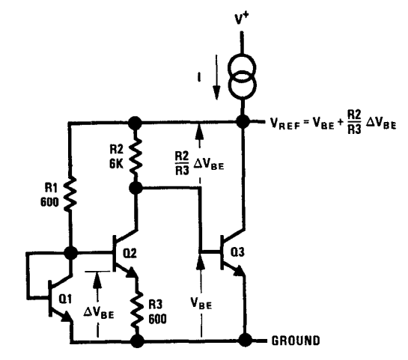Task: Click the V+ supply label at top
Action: [x=242, y=19]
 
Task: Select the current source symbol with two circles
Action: [x=243, y=77]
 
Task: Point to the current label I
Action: [x=199, y=77]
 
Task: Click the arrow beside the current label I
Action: [x=216, y=77]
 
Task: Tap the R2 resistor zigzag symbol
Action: [x=136, y=156]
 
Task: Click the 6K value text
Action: [x=116, y=164]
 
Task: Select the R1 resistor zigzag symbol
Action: [x=70, y=194]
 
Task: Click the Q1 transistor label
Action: [x=65, y=299]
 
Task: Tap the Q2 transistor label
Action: [x=130, y=253]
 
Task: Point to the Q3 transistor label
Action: [x=237, y=251]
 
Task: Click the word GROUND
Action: [x=296, y=341]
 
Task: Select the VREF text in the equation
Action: [x=285, y=123]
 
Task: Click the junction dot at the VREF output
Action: [x=243, y=122]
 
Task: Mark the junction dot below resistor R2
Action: [x=136, y=188]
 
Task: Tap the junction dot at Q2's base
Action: [x=70, y=252]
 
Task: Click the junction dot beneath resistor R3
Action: [x=137, y=341]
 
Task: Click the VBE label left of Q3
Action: [x=201, y=303]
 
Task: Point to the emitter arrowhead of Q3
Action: [x=240, y=271]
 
